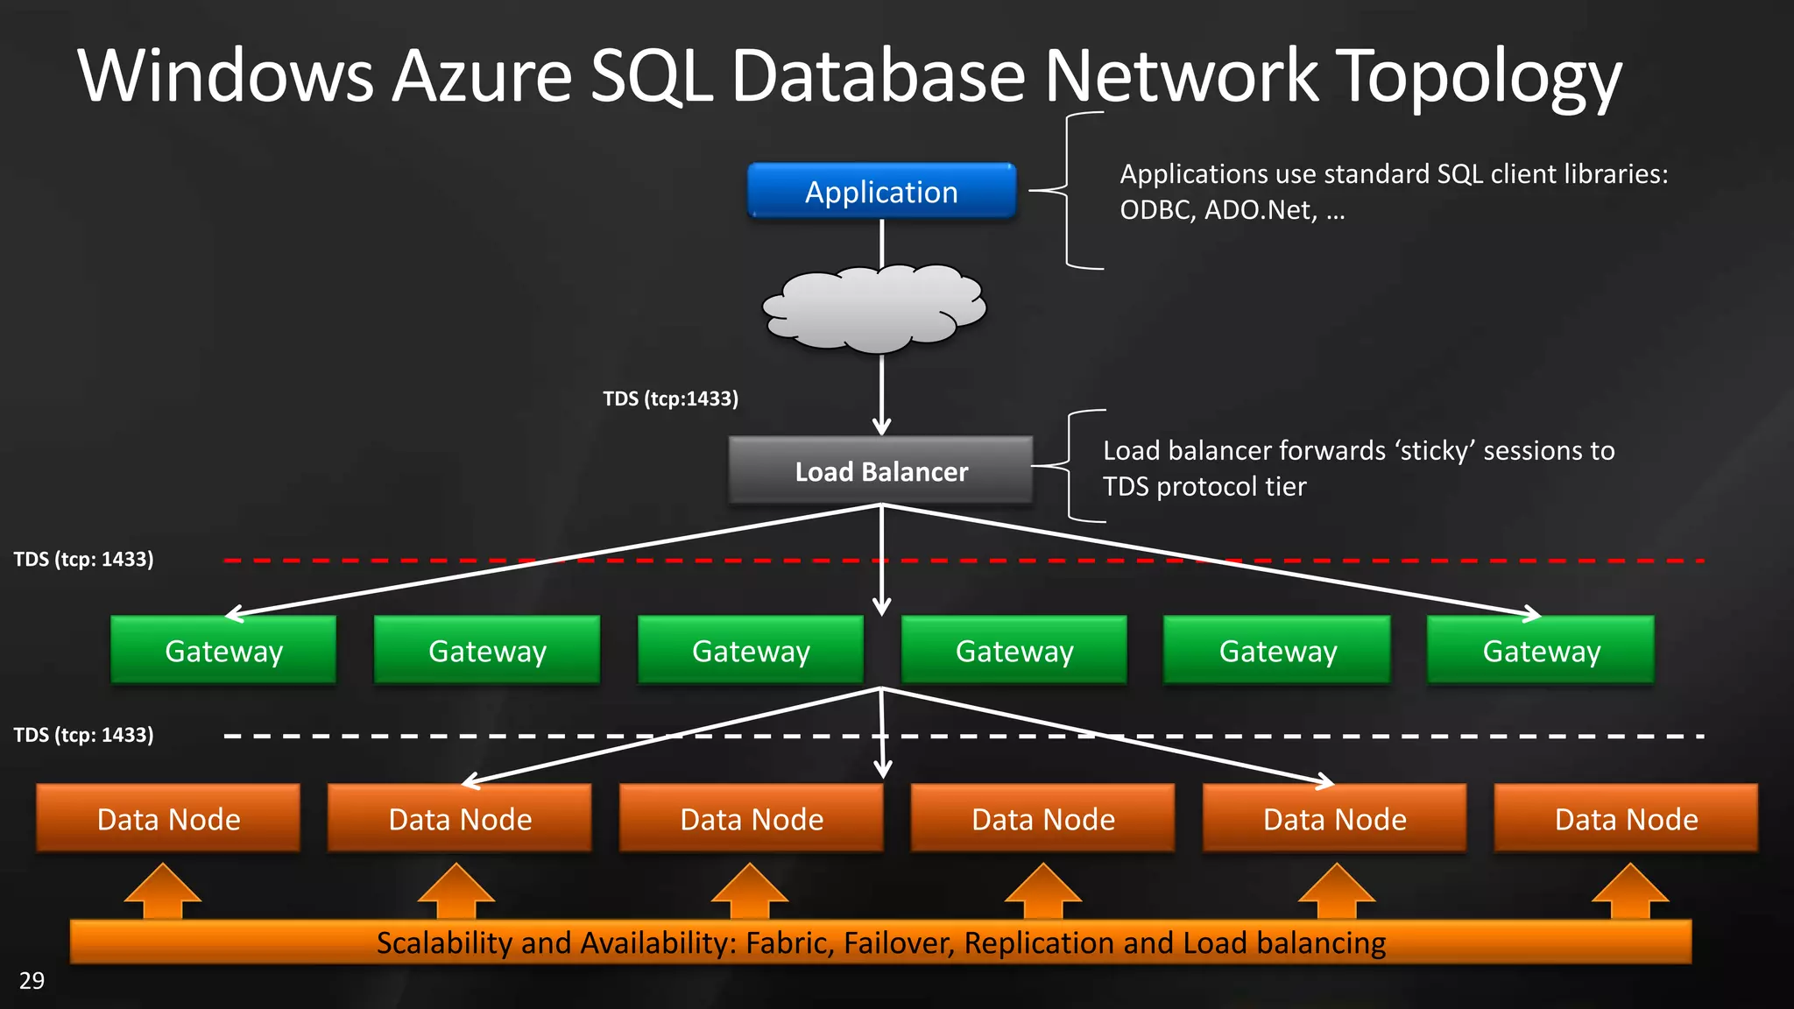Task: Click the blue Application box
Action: [x=881, y=191]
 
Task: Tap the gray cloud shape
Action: [x=874, y=308]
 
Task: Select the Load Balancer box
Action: [x=881, y=471]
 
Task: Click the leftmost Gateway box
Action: [x=223, y=651]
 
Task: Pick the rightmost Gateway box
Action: [x=1541, y=651]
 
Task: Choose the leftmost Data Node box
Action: [x=168, y=819]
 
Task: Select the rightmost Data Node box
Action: [x=1626, y=819]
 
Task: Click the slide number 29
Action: [x=32, y=980]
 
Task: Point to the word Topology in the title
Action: [x=1480, y=77]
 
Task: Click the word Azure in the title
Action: [x=482, y=77]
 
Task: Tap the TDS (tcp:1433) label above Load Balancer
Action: [x=670, y=399]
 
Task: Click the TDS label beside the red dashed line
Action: [x=83, y=559]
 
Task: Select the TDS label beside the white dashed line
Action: [x=83, y=734]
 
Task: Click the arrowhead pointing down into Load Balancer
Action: [x=881, y=426]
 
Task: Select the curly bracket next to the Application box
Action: [x=1067, y=190]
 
